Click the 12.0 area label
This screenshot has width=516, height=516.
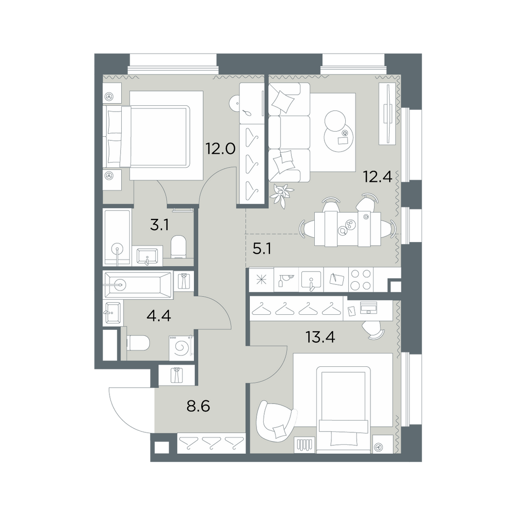pos(220,149)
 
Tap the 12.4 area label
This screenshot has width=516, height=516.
pos(378,177)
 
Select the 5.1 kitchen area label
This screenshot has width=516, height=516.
pos(262,249)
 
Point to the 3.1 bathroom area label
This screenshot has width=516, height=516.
pos(159,225)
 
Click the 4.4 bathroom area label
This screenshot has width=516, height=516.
pos(159,316)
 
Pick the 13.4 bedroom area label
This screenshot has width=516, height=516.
pos(320,337)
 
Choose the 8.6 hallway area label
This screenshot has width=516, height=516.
pos(198,407)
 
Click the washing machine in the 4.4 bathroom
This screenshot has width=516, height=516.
pos(180,347)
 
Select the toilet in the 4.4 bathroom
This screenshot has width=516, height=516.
pos(138,343)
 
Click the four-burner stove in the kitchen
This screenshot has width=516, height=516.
pos(361,280)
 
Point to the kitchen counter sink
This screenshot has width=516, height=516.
pos(311,280)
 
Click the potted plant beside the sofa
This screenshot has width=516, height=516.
pos(281,195)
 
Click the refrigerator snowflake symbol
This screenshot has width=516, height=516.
pos(262,280)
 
